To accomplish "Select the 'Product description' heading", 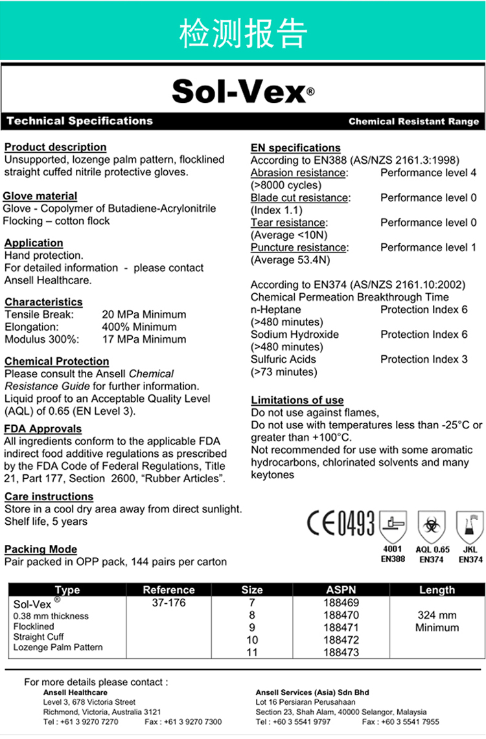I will [x=56, y=147].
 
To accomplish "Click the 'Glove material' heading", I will [x=40, y=195].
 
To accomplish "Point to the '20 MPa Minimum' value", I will [x=144, y=314].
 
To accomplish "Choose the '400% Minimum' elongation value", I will [x=139, y=327].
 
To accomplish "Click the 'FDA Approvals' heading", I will [x=43, y=428].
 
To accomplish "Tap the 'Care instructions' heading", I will [x=49, y=496].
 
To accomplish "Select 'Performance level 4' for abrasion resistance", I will [x=428, y=173].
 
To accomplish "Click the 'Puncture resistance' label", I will [x=299, y=247].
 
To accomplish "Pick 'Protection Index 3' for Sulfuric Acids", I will [x=424, y=359].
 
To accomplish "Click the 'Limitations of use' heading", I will [x=297, y=400].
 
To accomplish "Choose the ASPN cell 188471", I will [x=341, y=628].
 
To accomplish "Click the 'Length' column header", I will [x=437, y=590].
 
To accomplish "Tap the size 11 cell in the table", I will [x=252, y=652].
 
